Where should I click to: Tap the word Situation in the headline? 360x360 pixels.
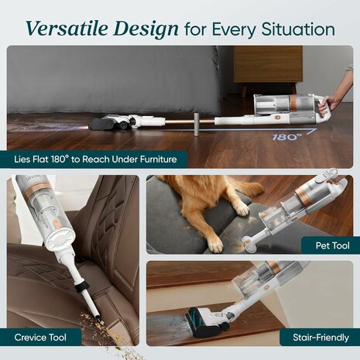[x=298, y=29]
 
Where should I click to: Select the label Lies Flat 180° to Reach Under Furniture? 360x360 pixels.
[x=95, y=159]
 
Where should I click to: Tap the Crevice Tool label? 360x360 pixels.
[x=40, y=338]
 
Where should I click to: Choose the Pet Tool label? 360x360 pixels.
[x=332, y=245]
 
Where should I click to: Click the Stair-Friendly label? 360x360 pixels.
[x=321, y=338]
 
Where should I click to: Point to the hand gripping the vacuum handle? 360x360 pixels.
[x=332, y=102]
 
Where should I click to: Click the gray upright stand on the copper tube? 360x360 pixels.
[x=197, y=124]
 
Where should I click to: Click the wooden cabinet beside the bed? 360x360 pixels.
[x=269, y=68]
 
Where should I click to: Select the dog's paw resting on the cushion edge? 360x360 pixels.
[x=242, y=208]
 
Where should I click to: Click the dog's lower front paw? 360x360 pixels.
[x=215, y=244]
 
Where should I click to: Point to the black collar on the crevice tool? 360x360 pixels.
[x=82, y=286]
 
